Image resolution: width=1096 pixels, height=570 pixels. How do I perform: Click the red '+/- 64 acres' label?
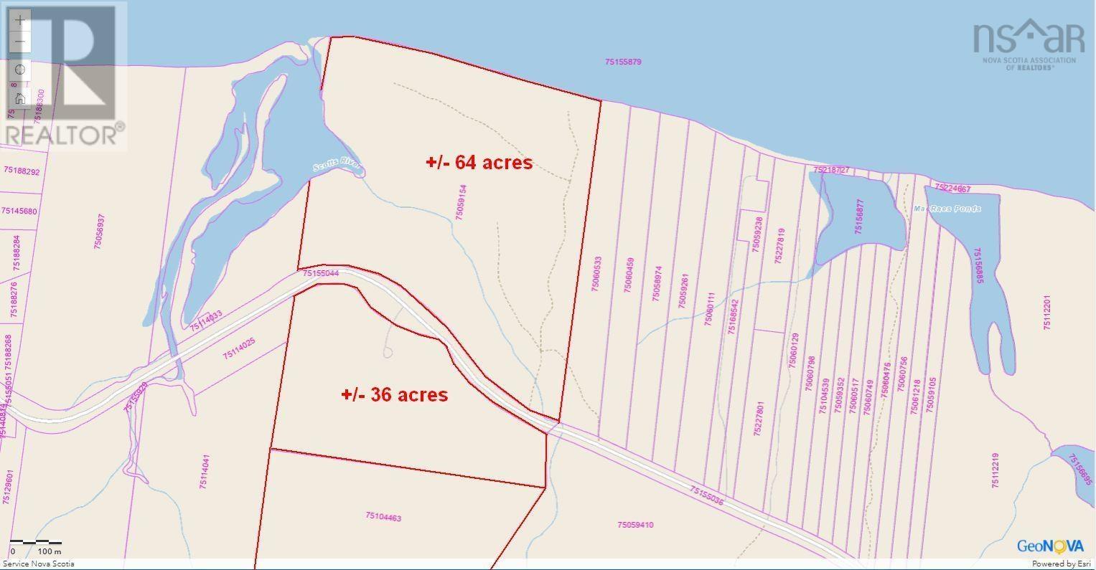[479, 163]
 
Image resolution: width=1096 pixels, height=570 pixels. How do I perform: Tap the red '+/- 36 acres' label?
[394, 394]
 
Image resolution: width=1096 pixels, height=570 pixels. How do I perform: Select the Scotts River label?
[337, 167]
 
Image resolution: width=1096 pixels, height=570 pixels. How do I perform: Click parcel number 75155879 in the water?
[622, 62]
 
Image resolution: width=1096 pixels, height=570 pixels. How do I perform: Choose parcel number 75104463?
[383, 516]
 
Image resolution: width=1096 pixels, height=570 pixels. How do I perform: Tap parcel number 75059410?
[634, 525]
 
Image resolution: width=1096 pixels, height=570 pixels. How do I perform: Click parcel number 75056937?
[100, 231]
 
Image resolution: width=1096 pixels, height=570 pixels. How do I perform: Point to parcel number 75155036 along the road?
[706, 495]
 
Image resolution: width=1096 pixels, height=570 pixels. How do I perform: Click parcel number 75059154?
[462, 202]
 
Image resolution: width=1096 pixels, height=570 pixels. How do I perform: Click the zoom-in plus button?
[20, 20]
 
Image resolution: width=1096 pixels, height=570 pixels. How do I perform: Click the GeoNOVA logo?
[1049, 546]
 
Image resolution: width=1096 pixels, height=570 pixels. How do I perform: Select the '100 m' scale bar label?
[49, 551]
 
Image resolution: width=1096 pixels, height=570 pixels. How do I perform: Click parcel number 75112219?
[996, 470]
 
